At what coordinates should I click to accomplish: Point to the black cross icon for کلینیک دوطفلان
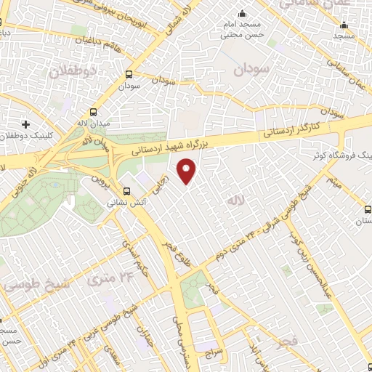point(26,124)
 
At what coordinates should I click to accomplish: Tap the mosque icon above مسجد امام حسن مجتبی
point(242,14)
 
